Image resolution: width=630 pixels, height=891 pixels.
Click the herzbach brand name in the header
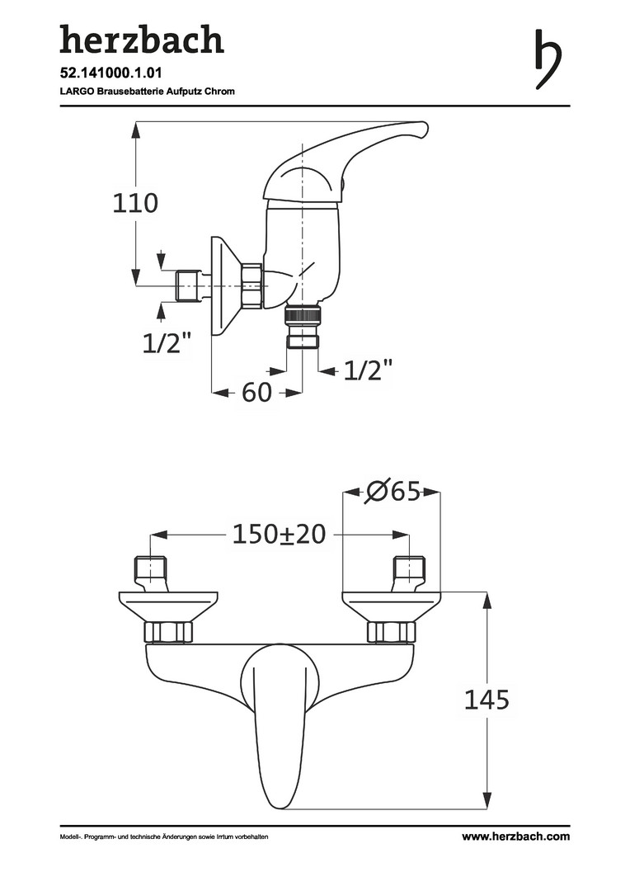[141, 40]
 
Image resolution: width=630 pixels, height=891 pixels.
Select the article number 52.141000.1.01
[110, 73]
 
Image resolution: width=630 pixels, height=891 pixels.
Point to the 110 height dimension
[134, 203]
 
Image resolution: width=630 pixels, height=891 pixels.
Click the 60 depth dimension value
[256, 393]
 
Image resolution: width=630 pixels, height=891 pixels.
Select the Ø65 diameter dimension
[393, 493]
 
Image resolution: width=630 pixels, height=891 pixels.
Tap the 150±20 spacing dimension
[279, 535]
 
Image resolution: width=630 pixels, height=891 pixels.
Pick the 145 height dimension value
[486, 700]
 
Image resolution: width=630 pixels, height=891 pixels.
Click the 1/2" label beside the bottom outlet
[368, 370]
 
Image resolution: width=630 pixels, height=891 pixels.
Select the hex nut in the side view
[251, 286]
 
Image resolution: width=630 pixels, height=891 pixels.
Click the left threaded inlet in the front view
[151, 568]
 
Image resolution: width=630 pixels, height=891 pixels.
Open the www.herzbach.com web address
[515, 837]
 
